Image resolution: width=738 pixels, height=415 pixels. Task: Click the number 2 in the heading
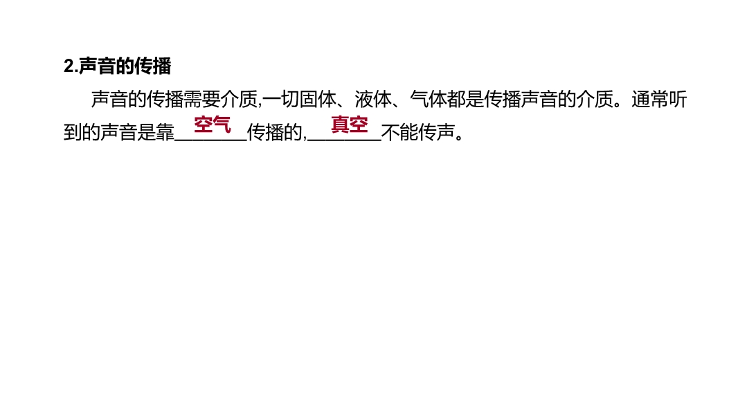coord(69,66)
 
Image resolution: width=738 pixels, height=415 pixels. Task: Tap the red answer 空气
coord(213,124)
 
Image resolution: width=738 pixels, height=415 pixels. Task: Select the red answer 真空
coord(349,124)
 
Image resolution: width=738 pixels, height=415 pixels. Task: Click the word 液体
coord(372,99)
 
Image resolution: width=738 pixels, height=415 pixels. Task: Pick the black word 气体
coord(429,99)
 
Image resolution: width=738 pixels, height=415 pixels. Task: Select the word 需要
coord(202,99)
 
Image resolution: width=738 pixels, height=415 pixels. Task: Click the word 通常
coord(650,99)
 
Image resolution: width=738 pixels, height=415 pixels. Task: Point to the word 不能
coord(399,133)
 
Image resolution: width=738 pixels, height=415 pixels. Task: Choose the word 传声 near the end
coord(436,133)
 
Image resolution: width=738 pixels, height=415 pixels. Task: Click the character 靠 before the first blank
coord(165,133)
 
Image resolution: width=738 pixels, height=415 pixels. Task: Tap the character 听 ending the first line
coord(678,99)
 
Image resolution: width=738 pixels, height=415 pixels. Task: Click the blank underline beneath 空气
coord(211,140)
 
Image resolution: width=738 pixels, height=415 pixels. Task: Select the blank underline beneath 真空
coord(345,140)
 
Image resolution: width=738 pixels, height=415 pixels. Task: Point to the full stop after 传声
coord(460,138)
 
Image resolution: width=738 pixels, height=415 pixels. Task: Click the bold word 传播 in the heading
coord(152,66)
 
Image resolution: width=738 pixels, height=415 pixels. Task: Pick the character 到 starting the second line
coord(73,133)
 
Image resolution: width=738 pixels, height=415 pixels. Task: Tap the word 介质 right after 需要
coord(239,99)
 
